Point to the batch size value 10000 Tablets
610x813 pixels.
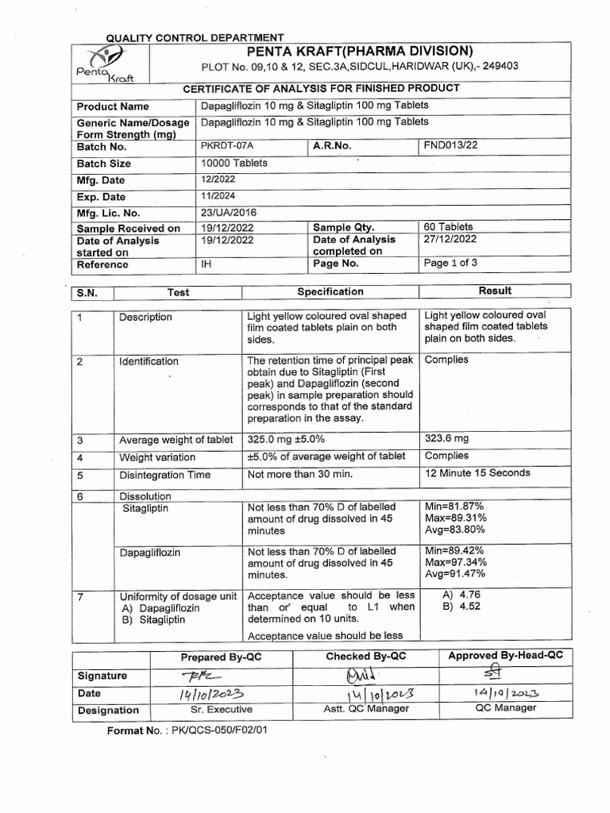pyautogui.click(x=234, y=163)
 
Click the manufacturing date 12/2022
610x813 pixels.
pyautogui.click(x=218, y=180)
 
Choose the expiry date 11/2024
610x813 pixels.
pyautogui.click(x=218, y=196)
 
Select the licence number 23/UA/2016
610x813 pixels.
pyautogui.click(x=229, y=212)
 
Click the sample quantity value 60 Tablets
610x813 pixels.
pyautogui.click(x=448, y=226)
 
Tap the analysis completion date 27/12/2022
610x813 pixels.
pyautogui.click(x=450, y=238)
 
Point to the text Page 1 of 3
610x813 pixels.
pyautogui.click(x=451, y=263)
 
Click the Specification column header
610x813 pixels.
pyautogui.click(x=330, y=291)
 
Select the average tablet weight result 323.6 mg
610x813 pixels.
pyautogui.click(x=446, y=437)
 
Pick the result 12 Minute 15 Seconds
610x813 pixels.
pyautogui.click(x=477, y=472)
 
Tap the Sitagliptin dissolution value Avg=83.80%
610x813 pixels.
pyautogui.click(x=455, y=530)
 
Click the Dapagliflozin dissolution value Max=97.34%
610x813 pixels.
pyautogui.click(x=456, y=562)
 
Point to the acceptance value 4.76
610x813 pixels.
pyautogui.click(x=465, y=594)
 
